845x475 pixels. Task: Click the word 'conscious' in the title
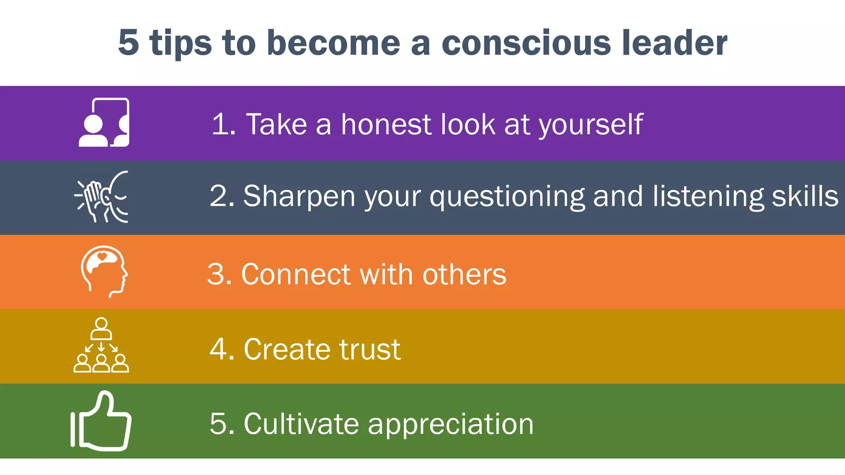pyautogui.click(x=526, y=43)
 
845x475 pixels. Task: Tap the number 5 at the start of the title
pyautogui.click(x=128, y=43)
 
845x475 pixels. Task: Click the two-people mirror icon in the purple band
pyautogui.click(x=104, y=122)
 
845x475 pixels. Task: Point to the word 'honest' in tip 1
pyautogui.click(x=386, y=124)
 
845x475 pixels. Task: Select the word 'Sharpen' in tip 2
pyautogui.click(x=299, y=196)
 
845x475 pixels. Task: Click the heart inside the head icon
pyautogui.click(x=102, y=256)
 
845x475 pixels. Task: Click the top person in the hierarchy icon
pyautogui.click(x=101, y=328)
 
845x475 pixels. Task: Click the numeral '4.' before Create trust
pyautogui.click(x=222, y=349)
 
